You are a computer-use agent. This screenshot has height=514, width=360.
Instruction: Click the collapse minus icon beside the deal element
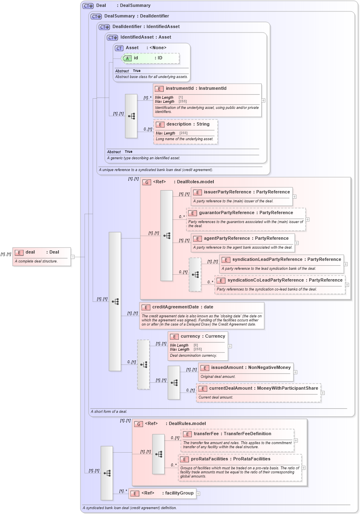pos(73,257)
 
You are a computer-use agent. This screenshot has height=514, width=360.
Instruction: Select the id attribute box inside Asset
pos(150,58)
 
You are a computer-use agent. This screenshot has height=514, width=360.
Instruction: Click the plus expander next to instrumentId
pos(263,100)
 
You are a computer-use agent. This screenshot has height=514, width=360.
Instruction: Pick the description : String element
pos(188,124)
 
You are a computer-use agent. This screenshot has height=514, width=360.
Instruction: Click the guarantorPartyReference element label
pos(245,213)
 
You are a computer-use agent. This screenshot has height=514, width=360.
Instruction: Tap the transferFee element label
pos(232,434)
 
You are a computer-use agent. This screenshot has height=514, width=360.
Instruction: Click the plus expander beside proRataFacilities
pos(304,468)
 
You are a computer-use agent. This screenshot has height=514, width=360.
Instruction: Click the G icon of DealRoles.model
pos(147,182)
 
